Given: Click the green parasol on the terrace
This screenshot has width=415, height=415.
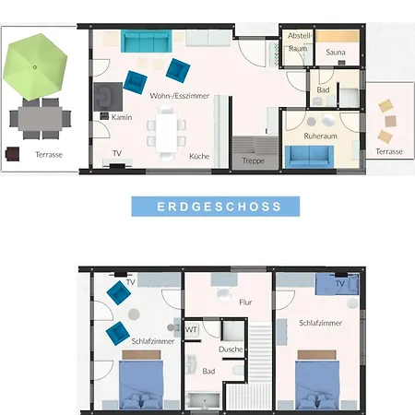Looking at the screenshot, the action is tap(35, 67).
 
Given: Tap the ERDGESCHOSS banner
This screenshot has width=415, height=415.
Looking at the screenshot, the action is tap(216, 207).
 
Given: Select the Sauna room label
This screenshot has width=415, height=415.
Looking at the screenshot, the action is tap(336, 53).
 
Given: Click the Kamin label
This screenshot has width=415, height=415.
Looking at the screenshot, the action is tap(122, 117).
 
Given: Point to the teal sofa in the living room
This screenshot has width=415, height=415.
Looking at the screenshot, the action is tap(146, 41).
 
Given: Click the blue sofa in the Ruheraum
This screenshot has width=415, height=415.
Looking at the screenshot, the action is tap(309, 157).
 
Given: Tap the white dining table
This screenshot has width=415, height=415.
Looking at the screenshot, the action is tap(166, 133).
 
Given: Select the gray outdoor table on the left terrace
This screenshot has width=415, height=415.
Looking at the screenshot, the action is tap(40, 119).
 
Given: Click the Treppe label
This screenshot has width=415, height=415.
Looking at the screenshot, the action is tap(253, 160).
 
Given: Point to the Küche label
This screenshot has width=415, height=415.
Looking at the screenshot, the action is tap(199, 156).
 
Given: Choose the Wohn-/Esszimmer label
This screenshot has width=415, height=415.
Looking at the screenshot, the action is tap(180, 96).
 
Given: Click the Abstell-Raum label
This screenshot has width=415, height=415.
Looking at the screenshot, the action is tap(299, 42).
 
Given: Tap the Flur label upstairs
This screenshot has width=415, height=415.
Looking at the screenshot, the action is tap(245, 302).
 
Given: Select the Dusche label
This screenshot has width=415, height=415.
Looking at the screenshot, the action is tap(231, 350).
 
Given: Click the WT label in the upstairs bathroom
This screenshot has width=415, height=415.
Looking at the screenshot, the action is tap(191, 330).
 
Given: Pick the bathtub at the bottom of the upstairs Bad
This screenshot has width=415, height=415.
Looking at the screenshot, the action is tap(204, 400).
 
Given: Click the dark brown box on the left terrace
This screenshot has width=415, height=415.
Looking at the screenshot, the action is tap(13, 154).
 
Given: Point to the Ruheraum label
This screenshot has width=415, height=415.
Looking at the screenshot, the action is tap(320, 136).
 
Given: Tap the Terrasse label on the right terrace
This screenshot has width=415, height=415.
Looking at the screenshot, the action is tap(389, 151).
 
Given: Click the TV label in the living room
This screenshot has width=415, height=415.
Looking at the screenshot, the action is tap(117, 153).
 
